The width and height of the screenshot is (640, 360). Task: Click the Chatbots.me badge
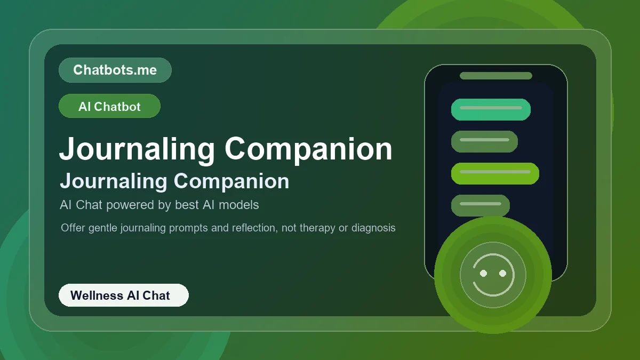[x=115, y=70]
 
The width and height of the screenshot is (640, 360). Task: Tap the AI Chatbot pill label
[x=109, y=106]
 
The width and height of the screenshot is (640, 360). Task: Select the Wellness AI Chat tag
[x=123, y=295]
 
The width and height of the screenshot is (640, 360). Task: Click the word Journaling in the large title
[x=137, y=149]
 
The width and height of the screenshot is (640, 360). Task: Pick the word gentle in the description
[x=103, y=228]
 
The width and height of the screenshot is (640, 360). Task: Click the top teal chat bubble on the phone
[x=491, y=109]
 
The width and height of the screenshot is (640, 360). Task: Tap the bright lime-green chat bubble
[x=495, y=173]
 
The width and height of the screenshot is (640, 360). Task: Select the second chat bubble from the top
[x=484, y=141]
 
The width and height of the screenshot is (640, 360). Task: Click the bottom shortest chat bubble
[x=480, y=205]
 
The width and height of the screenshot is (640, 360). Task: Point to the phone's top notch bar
[x=496, y=76]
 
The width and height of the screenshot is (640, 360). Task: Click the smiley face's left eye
[x=484, y=273]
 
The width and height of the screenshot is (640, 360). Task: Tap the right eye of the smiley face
[x=502, y=273]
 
